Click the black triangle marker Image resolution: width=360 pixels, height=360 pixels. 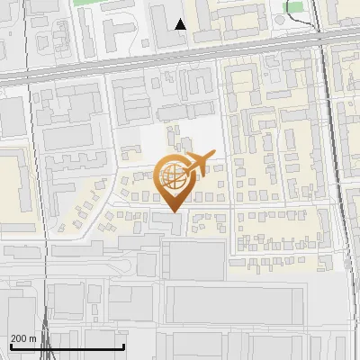pos(180,24)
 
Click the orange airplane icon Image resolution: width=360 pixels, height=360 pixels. pos(197,165)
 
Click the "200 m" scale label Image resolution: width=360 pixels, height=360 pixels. pos(24,338)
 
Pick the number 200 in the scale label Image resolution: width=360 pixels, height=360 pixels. pos(20,338)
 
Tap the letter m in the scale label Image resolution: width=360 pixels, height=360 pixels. pos(33,339)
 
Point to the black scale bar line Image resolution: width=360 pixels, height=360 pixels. pos(67,346)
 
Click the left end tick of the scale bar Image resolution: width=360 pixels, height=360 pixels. pos(10,345)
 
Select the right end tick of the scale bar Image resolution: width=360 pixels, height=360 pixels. pos(123,345)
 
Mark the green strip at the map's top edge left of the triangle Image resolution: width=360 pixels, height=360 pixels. pos(99,3)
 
